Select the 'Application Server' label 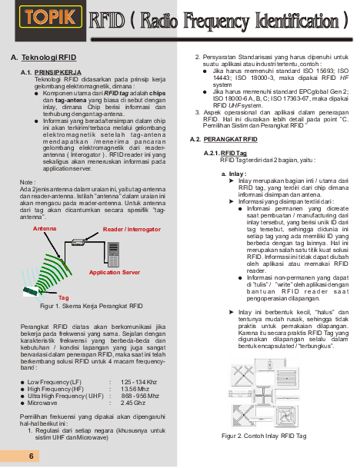point(114,273)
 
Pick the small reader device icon point(78,243)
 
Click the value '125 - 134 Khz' point(139,382)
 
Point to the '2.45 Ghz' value point(133,403)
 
